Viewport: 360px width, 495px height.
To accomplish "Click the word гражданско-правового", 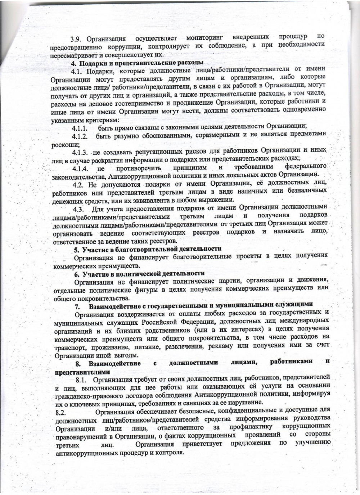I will tap(85, 394).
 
